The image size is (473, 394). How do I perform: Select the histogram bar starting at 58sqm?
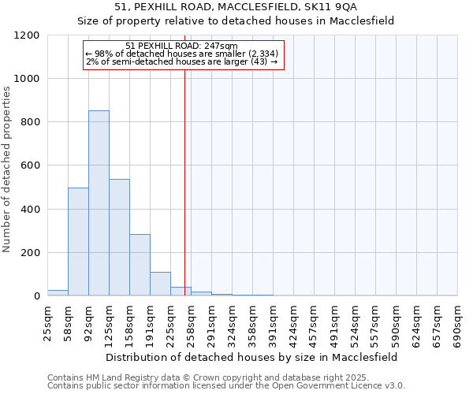pyautogui.click(x=78, y=242)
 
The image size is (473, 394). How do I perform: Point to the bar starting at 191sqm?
pyautogui.click(x=160, y=284)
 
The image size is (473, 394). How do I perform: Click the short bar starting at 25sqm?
pyautogui.click(x=58, y=292)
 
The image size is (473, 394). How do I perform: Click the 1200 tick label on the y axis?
pyautogui.click(x=27, y=35)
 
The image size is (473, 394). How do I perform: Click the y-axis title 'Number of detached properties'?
pyautogui.click(x=8, y=170)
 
